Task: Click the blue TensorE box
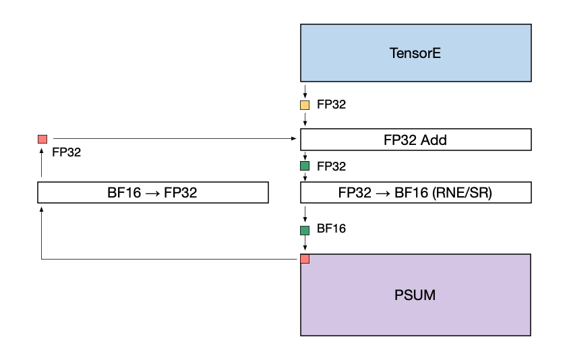[x=415, y=53]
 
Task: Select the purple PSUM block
[x=415, y=295]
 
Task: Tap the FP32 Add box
[x=415, y=140]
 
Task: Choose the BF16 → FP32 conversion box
[x=152, y=192]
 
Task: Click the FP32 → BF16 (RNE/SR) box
[x=415, y=192]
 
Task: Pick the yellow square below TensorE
[x=305, y=105]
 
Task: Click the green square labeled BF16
[x=305, y=230]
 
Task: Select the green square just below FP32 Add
[x=305, y=166]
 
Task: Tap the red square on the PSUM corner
[x=305, y=259]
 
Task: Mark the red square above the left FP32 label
[x=42, y=139]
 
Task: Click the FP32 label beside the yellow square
[x=331, y=105]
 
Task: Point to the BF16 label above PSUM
[x=331, y=229]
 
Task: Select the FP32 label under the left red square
[x=66, y=152]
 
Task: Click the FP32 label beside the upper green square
[x=331, y=166]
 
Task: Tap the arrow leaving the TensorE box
[x=305, y=90]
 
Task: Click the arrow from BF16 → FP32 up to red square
[x=42, y=165]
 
